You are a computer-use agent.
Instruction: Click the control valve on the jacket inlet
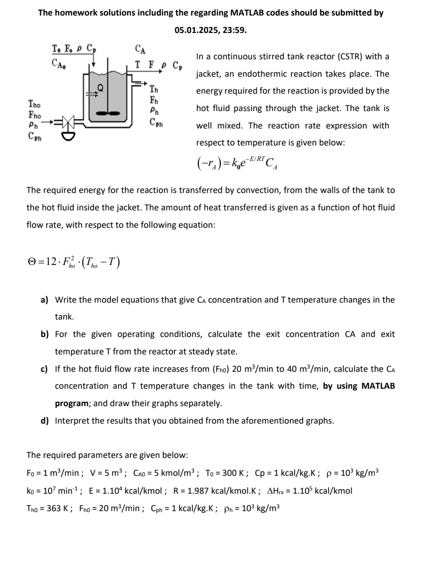[68, 124]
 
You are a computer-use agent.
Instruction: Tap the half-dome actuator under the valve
[68, 136]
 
